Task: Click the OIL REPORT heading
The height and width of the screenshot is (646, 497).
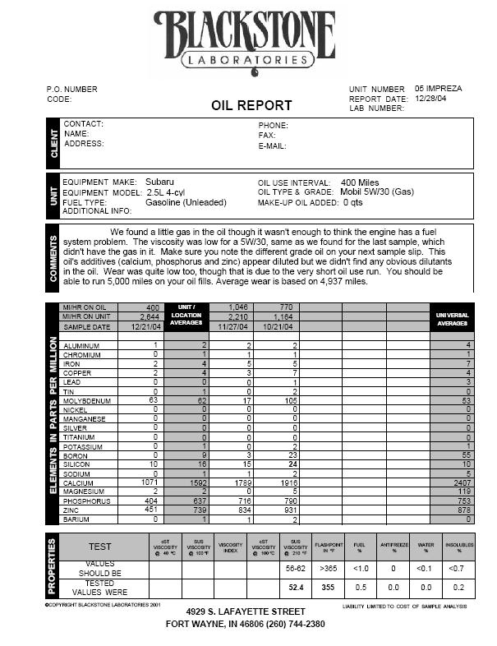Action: (251, 105)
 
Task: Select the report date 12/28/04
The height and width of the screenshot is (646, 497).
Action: (431, 99)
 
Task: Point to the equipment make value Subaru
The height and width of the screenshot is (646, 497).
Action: (160, 182)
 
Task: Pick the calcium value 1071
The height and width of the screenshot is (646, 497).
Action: (148, 481)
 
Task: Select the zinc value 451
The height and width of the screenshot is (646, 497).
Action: (150, 510)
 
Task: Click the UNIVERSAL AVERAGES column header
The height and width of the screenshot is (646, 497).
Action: (452, 318)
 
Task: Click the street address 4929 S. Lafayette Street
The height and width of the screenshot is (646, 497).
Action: (246, 611)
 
